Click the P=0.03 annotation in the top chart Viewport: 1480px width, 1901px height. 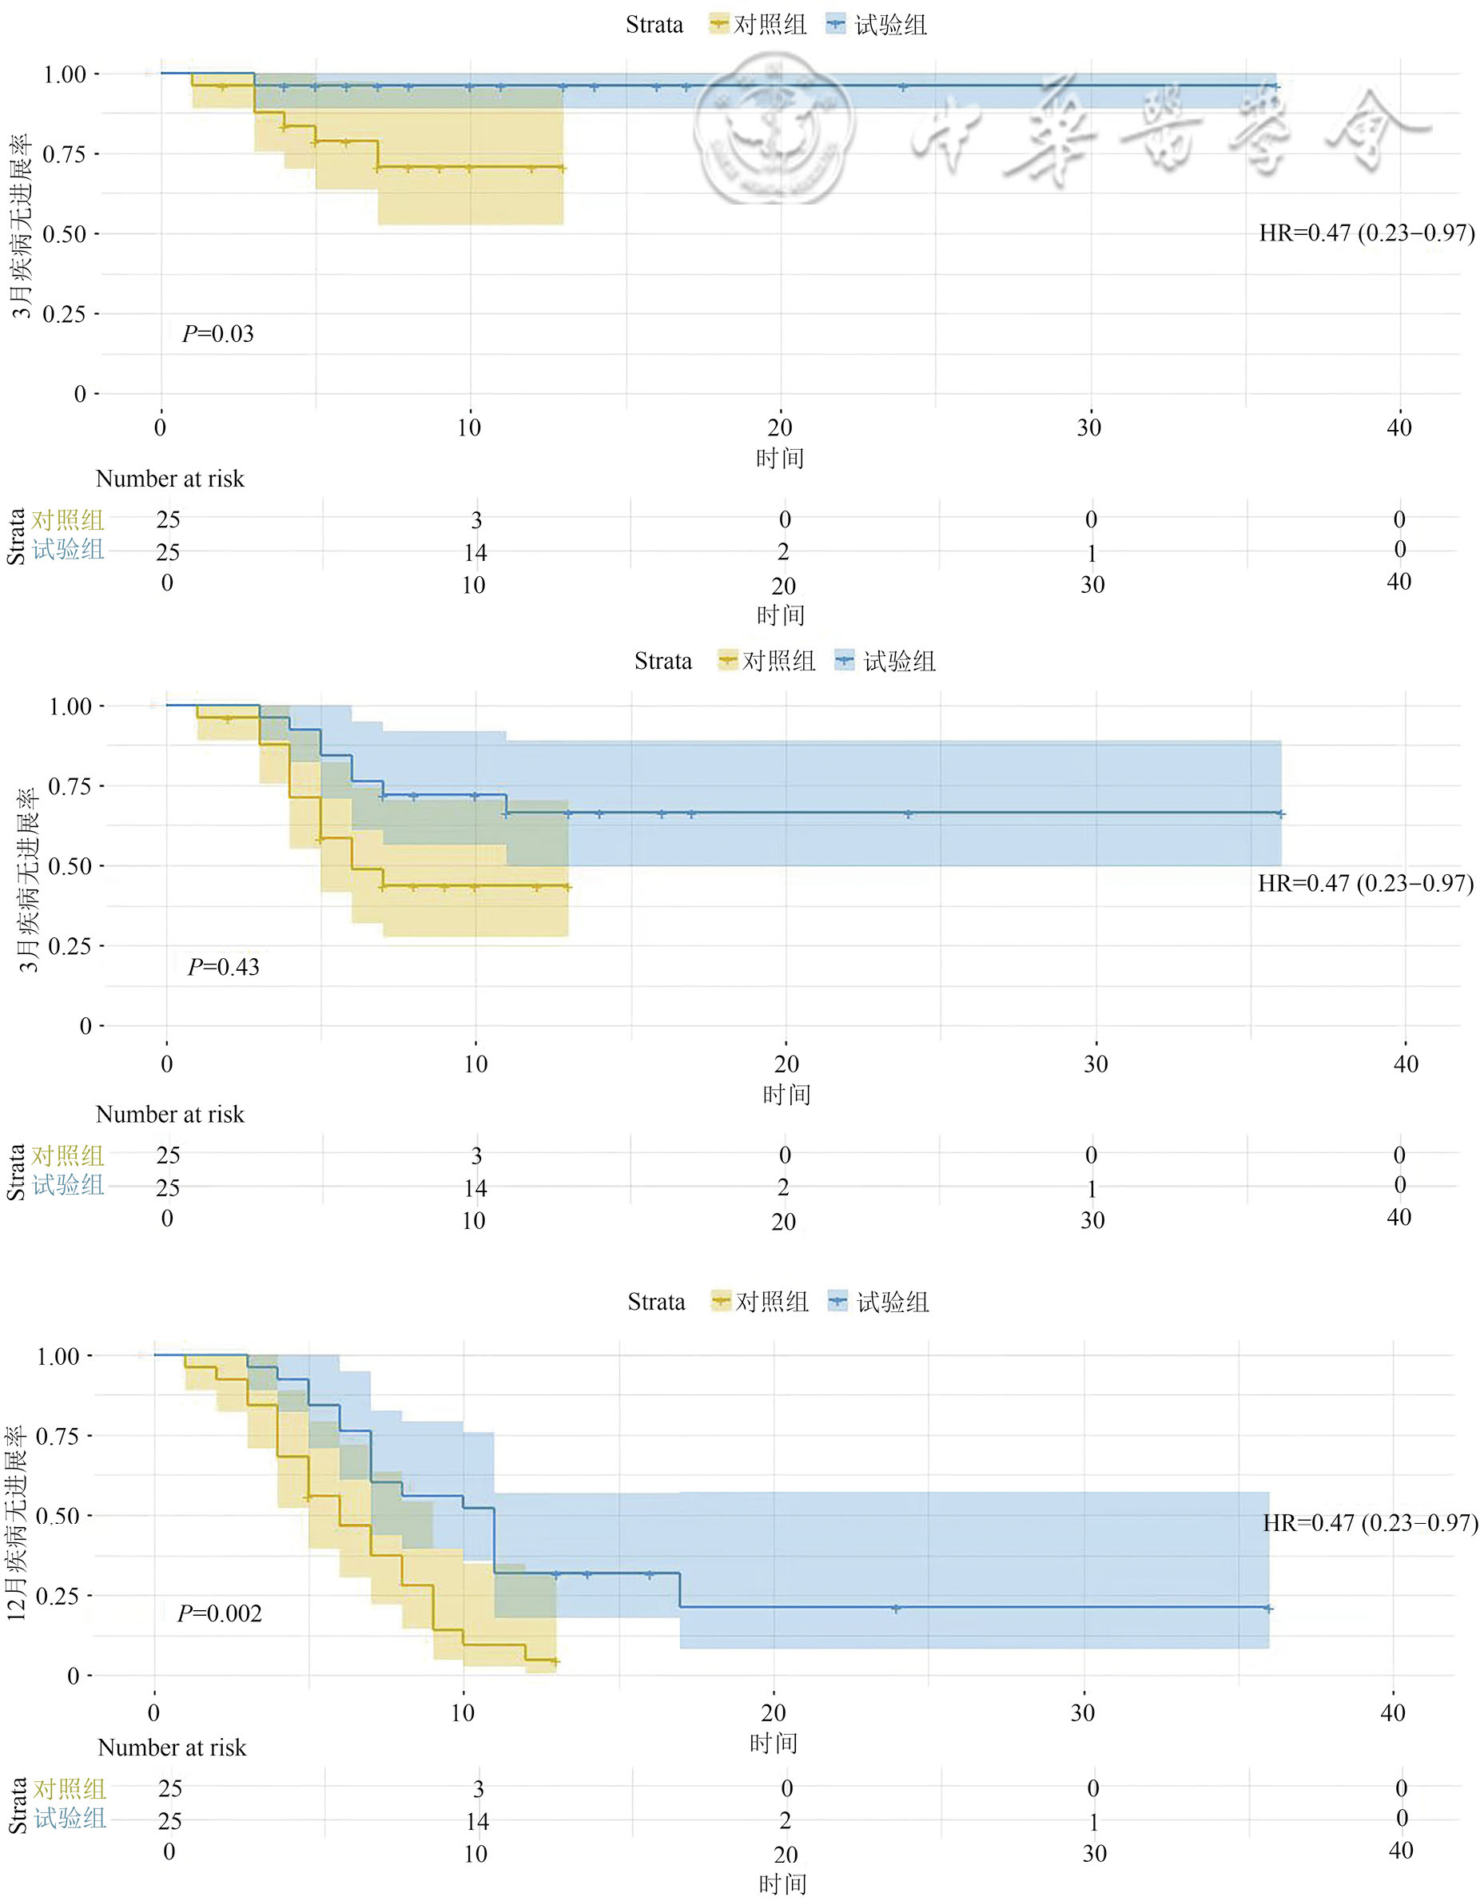click(x=217, y=334)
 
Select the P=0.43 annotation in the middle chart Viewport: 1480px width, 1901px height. click(x=224, y=967)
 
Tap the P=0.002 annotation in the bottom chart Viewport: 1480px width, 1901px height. click(x=220, y=1614)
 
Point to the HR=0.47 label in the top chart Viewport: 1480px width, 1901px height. click(x=1366, y=233)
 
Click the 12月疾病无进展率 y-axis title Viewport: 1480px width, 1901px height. click(x=18, y=1522)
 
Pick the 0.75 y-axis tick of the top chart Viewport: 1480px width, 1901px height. click(x=65, y=155)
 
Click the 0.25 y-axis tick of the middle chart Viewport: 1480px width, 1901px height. click(x=70, y=946)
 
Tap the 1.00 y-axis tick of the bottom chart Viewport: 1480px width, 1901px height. click(x=58, y=1356)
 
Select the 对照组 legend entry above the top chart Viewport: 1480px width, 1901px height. click(x=758, y=24)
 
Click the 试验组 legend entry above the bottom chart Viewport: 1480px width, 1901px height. click(x=879, y=1302)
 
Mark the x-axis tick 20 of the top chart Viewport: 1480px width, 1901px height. click(x=779, y=428)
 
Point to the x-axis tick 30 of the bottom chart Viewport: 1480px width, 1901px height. click(x=1082, y=1713)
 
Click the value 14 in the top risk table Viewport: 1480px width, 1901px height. click(x=475, y=553)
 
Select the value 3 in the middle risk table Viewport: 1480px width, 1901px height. click(x=476, y=1156)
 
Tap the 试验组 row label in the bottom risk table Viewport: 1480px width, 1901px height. click(x=70, y=1819)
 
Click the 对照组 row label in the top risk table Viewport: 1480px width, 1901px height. click(x=68, y=520)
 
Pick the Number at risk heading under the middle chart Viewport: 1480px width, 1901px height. click(x=169, y=1114)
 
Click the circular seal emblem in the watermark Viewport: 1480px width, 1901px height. click(x=772, y=129)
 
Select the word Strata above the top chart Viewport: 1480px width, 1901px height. click(x=654, y=24)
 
